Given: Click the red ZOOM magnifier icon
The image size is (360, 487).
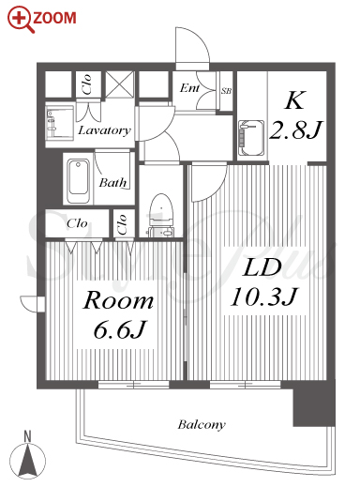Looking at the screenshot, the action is point(22,20).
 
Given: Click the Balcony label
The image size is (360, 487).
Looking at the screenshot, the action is point(202,424).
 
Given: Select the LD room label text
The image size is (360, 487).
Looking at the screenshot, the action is point(262,267).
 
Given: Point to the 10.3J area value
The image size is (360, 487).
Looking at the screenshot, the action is point(264,297).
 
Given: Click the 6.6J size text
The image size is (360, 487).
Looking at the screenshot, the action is point(120,330).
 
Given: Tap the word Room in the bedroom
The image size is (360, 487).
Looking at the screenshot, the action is point(118,300).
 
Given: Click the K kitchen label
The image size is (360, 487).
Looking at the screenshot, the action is point(294,100).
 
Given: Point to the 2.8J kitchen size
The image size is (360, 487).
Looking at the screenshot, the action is point(295,129).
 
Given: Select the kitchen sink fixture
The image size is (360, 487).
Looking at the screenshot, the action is point(251,138).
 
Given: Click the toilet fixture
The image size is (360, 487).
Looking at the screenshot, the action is point(160,215).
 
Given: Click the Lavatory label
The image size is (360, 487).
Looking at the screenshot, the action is point(104,130).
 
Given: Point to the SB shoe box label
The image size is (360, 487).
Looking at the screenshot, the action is point(226,91).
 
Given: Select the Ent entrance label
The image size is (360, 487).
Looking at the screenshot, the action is point(189,88).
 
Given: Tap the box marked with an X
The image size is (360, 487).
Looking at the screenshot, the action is point(119,84).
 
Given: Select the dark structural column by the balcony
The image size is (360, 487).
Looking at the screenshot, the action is point(313,403).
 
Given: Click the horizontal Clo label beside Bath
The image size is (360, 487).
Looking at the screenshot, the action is point(77,223).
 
